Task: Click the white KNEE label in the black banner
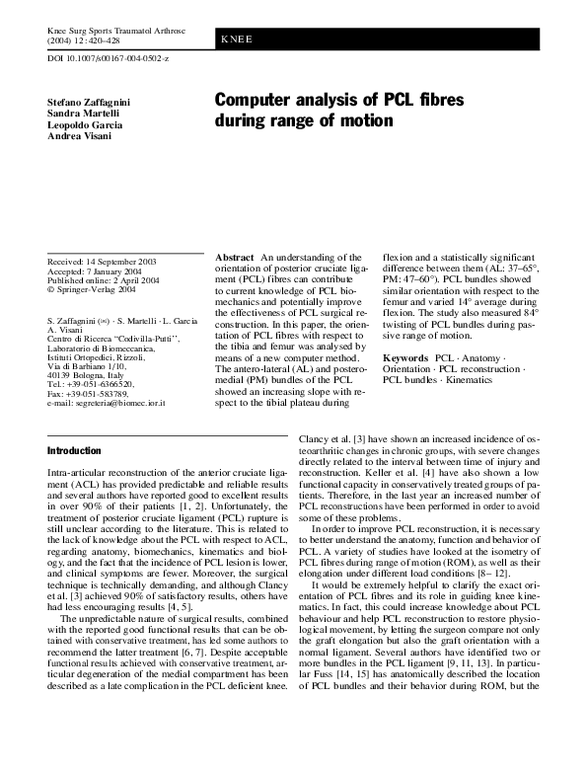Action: click(238, 39)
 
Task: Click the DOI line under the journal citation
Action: click(109, 60)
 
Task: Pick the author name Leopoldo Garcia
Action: click(86, 125)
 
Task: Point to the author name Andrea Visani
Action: click(80, 137)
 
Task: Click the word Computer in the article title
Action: click(258, 101)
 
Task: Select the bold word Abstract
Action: click(235, 257)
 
